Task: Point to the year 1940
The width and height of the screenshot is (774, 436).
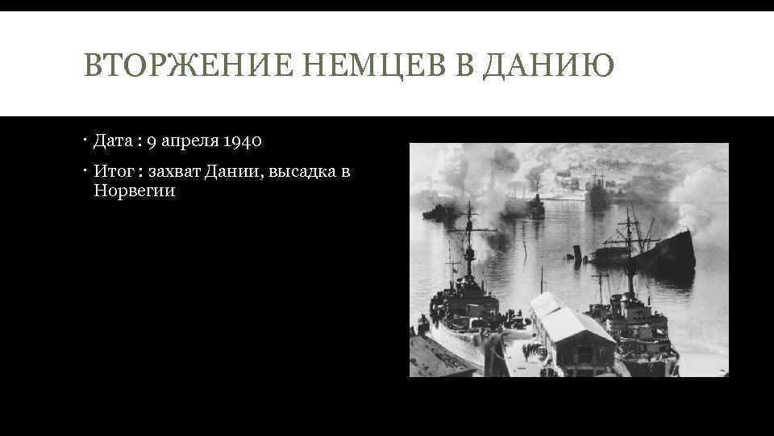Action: coord(241,141)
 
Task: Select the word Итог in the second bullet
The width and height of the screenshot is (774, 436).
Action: coord(112,171)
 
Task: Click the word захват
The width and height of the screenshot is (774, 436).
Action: coord(175,171)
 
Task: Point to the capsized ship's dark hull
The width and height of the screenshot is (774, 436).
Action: coord(669,254)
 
